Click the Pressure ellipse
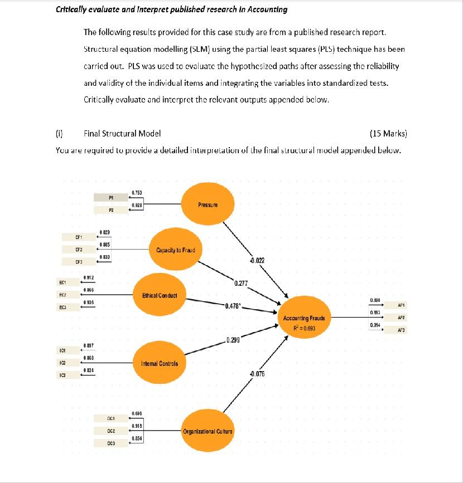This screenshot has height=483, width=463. [x=207, y=204]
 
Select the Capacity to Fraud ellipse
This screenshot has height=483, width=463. [x=175, y=250]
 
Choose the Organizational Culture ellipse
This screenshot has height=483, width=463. [x=208, y=431]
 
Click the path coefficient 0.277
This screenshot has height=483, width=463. [x=241, y=283]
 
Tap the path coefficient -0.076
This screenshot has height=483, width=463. [x=257, y=373]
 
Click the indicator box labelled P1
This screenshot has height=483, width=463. [x=111, y=197]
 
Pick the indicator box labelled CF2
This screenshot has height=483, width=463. [x=79, y=249]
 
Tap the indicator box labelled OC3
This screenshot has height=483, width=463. [x=111, y=443]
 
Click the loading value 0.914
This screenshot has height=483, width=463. [x=375, y=325]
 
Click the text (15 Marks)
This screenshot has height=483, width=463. [x=388, y=133]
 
